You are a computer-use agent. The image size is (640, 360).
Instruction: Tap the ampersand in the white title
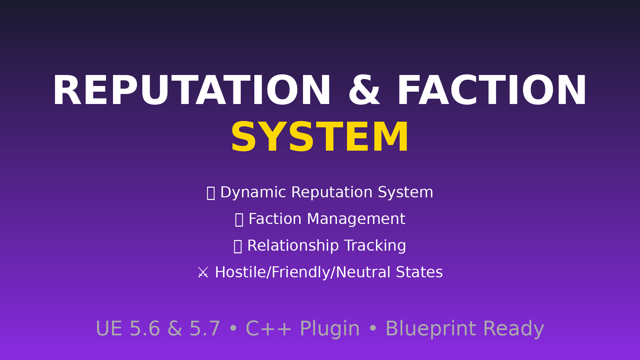coord(364,91)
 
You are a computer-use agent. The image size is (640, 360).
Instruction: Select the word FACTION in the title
coord(492,91)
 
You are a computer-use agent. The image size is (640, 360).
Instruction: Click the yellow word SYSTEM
coord(320,137)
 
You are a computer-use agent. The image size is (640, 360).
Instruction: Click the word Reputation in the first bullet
coord(332,193)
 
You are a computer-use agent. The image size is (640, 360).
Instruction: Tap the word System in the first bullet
coord(405,193)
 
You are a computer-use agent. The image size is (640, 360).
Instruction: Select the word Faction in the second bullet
coord(275,219)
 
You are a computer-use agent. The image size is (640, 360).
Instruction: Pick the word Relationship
coord(293,246)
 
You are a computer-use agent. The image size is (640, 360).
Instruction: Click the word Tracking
coord(375,246)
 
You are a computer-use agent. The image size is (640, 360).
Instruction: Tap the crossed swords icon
coord(203,273)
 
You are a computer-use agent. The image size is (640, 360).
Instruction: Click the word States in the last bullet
coord(419,273)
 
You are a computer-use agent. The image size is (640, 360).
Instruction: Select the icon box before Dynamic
coord(211,193)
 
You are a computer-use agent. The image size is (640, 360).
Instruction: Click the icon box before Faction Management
coord(239,220)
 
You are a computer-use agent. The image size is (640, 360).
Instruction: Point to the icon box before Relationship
coord(238,247)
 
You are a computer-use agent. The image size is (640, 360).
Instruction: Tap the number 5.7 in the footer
coord(205,329)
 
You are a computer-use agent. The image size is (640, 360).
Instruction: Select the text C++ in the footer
coord(269,329)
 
